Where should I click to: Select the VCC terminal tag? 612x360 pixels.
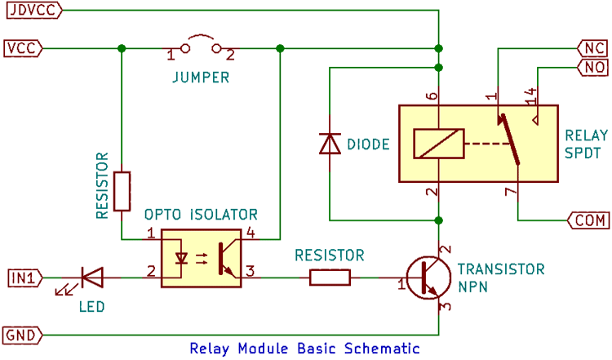23,48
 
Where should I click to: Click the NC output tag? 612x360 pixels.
589,47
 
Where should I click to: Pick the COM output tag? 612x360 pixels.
585,220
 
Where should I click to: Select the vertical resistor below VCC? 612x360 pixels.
122,191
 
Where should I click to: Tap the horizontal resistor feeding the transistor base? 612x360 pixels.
330,278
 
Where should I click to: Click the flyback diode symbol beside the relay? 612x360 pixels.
329,144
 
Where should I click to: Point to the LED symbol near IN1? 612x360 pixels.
91,278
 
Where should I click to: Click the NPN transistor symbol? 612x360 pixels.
427,278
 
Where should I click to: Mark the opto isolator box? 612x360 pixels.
208,257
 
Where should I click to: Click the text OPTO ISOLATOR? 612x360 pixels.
201,215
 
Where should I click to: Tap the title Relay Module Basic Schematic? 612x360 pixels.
304,349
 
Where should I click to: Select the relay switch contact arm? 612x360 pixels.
509,139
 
